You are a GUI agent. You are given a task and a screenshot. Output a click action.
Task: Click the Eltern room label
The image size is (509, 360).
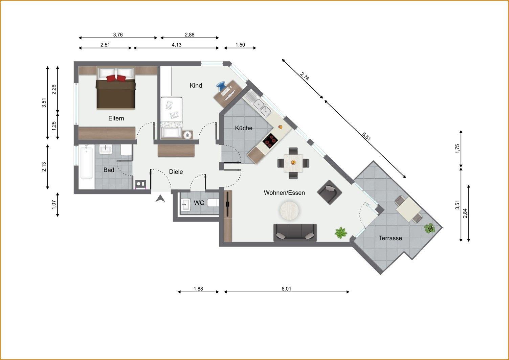pyautogui.click(x=116, y=118)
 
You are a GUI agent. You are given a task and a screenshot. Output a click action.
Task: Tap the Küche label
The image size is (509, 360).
pyautogui.click(x=244, y=128)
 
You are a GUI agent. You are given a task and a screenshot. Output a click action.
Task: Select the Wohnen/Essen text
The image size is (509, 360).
pyautogui.click(x=284, y=193)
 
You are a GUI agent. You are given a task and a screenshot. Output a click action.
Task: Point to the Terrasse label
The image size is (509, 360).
pyautogui.click(x=390, y=238)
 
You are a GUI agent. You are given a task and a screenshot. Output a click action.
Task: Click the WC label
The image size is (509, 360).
pyautogui.click(x=199, y=203)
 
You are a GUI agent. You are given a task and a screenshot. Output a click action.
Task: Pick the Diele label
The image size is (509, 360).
pyautogui.click(x=176, y=172)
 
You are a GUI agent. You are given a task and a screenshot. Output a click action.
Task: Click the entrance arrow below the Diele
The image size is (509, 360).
pyautogui.click(x=160, y=199)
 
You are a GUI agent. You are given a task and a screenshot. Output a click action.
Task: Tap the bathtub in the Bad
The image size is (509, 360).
pyautogui.click(x=87, y=162)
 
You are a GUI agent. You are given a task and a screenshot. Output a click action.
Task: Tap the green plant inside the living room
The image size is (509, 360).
pyautogui.click(x=340, y=233)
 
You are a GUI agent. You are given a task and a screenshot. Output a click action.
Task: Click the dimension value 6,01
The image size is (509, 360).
pyautogui.click(x=286, y=289)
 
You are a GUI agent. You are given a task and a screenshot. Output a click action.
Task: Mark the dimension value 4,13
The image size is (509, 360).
pyautogui.click(x=176, y=45)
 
